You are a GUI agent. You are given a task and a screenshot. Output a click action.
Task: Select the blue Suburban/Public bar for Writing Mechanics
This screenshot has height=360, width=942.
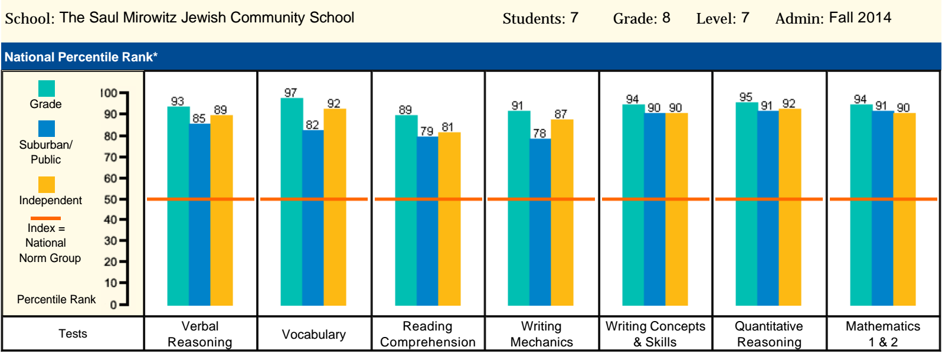click(540, 222)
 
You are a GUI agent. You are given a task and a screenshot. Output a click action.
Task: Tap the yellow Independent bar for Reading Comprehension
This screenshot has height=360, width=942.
click(450, 218)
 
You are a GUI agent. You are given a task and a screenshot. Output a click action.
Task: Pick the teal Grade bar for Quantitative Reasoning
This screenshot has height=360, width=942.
click(747, 204)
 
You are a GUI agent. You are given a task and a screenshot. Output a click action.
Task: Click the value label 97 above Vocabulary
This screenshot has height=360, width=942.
click(290, 93)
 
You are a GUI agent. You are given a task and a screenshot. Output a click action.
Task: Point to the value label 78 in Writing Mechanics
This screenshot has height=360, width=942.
click(539, 133)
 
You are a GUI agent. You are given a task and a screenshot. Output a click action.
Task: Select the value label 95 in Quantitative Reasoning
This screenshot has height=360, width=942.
click(746, 97)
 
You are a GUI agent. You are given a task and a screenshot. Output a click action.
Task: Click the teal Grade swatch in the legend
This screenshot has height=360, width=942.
click(47, 89)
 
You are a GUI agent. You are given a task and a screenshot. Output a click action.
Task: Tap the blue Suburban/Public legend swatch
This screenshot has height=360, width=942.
click(47, 129)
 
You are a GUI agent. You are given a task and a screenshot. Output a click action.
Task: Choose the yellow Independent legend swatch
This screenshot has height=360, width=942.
click(47, 184)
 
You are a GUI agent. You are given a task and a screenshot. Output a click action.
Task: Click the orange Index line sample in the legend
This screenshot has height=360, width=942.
click(45, 218)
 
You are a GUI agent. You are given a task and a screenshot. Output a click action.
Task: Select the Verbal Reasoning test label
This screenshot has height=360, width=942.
click(200, 334)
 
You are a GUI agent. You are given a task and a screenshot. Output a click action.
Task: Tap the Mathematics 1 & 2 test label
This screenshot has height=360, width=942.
click(882, 334)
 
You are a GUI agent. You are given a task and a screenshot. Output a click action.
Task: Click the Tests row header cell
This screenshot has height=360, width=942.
click(73, 334)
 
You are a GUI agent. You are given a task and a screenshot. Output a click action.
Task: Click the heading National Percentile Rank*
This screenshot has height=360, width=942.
click(81, 57)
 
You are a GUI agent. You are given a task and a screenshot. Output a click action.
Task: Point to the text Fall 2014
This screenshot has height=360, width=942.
click(860, 18)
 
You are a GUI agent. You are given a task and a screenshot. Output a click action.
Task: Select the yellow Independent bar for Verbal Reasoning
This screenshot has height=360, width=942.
click(222, 210)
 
